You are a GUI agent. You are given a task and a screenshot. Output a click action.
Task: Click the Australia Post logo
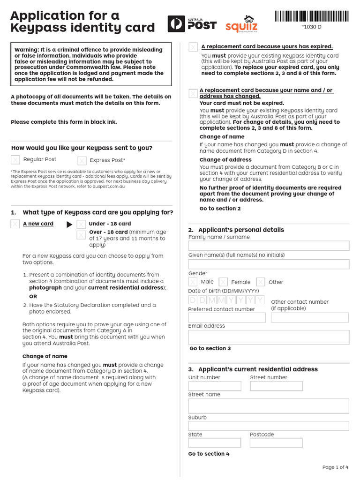tap(192, 24)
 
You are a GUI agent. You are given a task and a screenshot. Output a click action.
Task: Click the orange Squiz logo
tap(241, 24)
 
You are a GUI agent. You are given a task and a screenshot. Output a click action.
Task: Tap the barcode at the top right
tap(312, 16)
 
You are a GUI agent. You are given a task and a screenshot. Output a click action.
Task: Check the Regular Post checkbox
tap(15, 160)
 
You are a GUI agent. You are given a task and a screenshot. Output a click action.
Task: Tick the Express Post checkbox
tap(82, 161)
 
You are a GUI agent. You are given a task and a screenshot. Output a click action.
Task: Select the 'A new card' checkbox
tap(15, 224)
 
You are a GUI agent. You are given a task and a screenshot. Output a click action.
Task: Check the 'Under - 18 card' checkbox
tap(81, 224)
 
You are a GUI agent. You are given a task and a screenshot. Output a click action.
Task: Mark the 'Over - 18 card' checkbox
tap(81, 233)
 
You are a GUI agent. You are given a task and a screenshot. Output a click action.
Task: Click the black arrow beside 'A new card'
tap(69, 225)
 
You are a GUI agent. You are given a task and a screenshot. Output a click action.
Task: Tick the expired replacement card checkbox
tap(193, 47)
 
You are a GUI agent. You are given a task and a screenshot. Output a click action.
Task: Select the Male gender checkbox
tap(193, 282)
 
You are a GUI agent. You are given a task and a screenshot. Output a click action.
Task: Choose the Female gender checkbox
tap(223, 282)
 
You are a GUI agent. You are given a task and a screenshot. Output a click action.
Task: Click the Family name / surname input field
tap(269, 246)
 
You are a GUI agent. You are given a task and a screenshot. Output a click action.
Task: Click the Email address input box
tap(269, 337)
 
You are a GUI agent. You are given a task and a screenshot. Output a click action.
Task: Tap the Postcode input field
tap(276, 443)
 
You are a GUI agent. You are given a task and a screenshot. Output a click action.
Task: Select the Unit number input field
tap(215, 386)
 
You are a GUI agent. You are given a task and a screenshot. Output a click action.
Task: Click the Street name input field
tap(269, 406)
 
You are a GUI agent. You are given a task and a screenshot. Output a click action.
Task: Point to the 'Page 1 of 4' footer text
tap(335, 467)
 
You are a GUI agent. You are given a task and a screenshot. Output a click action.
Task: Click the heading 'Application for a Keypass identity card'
tap(82, 22)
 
